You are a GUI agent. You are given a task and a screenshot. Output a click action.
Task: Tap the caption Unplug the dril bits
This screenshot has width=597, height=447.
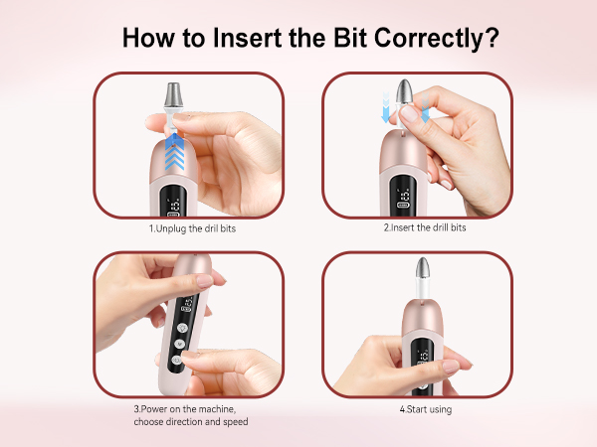pyautogui.click(x=192, y=228)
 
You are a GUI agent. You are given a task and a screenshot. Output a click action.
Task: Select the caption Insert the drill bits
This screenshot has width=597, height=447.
pyautogui.click(x=425, y=227)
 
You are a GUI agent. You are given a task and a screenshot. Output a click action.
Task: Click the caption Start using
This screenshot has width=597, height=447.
pyautogui.click(x=426, y=409)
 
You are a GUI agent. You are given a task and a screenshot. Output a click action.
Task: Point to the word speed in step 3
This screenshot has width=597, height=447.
pyautogui.click(x=236, y=422)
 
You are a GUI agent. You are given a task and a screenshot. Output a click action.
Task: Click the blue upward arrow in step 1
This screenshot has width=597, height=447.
pyautogui.click(x=174, y=151)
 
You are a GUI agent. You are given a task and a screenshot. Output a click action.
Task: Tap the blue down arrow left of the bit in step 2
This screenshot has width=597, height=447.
pyautogui.click(x=386, y=107)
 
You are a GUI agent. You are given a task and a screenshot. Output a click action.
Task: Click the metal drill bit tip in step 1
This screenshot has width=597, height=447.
pyautogui.click(x=173, y=95)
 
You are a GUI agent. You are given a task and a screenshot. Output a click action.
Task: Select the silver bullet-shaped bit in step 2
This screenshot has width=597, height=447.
pyautogui.click(x=404, y=91)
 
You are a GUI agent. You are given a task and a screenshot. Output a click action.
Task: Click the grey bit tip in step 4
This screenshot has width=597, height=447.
pyautogui.click(x=423, y=268)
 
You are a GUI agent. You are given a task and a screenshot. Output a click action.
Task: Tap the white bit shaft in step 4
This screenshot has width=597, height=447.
pyautogui.click(x=423, y=289)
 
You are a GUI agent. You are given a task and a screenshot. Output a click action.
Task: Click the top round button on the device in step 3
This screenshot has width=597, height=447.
pyautogui.click(x=183, y=328)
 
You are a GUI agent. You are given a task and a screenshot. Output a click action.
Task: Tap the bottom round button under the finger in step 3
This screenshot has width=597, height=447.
pyautogui.click(x=176, y=360)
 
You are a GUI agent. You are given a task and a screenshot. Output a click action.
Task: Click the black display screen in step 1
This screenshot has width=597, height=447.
pyautogui.click(x=173, y=201)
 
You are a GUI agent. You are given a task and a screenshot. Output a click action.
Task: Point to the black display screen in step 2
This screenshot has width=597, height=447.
pyautogui.click(x=403, y=196)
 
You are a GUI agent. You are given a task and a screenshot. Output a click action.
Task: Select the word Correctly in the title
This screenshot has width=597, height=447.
pyautogui.click(x=429, y=39)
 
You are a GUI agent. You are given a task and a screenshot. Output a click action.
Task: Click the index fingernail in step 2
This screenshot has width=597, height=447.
pyautogui.click(x=408, y=113)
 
